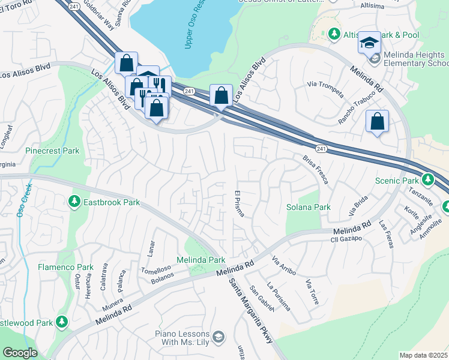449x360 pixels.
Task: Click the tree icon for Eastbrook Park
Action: (74, 201)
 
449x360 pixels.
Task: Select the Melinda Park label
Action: (200, 260)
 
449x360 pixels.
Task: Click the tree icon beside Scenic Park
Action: (427, 179)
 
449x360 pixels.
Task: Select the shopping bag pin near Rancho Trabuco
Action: (377, 121)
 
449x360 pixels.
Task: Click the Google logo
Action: (19, 353)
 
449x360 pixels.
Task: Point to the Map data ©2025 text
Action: (423, 355)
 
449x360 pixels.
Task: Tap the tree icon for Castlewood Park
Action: (61, 323)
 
